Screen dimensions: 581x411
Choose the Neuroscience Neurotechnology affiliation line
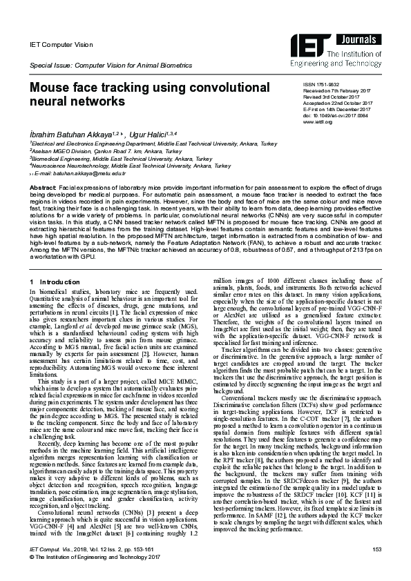131,166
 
